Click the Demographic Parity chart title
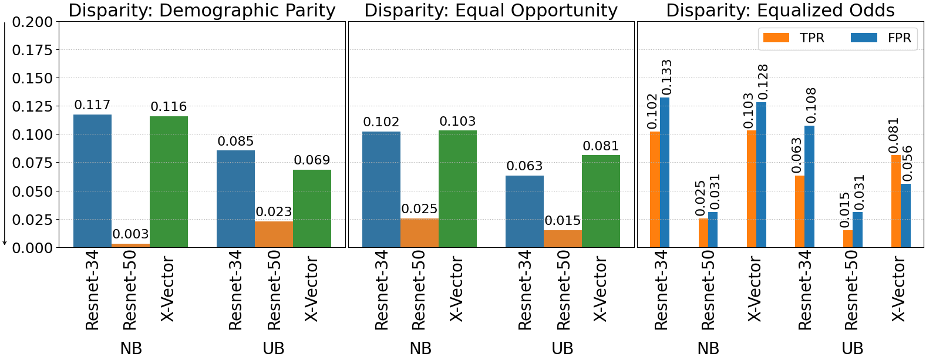[x=202, y=10]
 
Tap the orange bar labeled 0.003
[x=130, y=245]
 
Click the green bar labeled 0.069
[x=312, y=208]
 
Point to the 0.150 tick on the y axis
[x=32, y=78]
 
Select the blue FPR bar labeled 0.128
[x=761, y=175]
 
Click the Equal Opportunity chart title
[x=491, y=10]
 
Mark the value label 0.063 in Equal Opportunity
[x=524, y=166]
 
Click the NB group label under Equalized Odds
[x=708, y=348]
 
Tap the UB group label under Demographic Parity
[x=274, y=348]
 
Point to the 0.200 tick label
[x=32, y=22]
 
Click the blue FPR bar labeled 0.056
[x=905, y=216]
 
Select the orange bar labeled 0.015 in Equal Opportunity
[x=563, y=238]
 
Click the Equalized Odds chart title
[x=780, y=10]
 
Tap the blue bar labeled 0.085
[x=235, y=199]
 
